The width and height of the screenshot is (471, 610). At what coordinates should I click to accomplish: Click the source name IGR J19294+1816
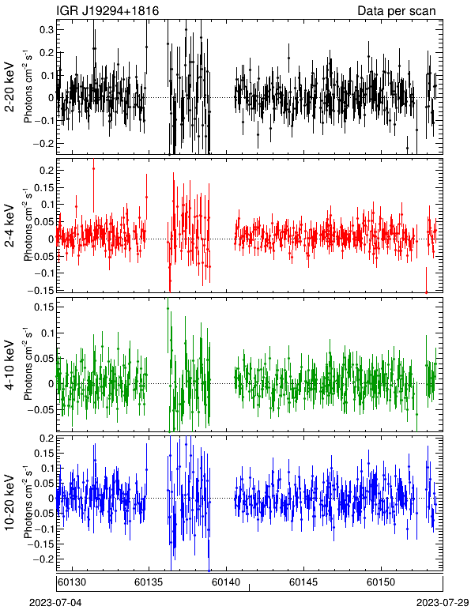[107, 10]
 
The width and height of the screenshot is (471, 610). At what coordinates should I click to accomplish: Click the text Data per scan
[397, 10]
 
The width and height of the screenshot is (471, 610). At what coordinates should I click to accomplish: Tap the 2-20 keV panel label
[9, 87]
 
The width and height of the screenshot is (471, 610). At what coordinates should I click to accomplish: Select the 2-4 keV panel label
[9, 226]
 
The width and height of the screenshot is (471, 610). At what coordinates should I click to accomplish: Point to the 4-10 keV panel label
[9, 365]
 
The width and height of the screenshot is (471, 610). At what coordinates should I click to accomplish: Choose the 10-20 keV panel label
[9, 503]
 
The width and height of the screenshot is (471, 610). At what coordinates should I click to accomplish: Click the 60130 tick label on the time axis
[71, 582]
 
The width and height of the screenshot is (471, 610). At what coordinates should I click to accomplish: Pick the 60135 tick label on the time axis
[148, 582]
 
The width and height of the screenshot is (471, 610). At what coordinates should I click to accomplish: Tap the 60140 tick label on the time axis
[226, 582]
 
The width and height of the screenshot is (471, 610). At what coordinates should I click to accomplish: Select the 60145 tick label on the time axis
[303, 582]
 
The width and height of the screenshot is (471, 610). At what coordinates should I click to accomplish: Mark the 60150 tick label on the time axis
[381, 582]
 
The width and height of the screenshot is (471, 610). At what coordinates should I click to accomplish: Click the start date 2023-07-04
[55, 603]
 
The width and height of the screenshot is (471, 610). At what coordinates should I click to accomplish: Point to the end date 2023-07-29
[443, 603]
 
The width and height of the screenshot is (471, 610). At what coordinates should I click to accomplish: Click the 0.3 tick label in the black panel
[47, 30]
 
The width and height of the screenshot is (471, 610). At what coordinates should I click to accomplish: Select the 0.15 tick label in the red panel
[44, 187]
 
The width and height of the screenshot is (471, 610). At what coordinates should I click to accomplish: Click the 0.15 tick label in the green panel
[44, 307]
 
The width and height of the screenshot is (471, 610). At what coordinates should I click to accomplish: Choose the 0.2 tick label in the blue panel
[47, 439]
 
